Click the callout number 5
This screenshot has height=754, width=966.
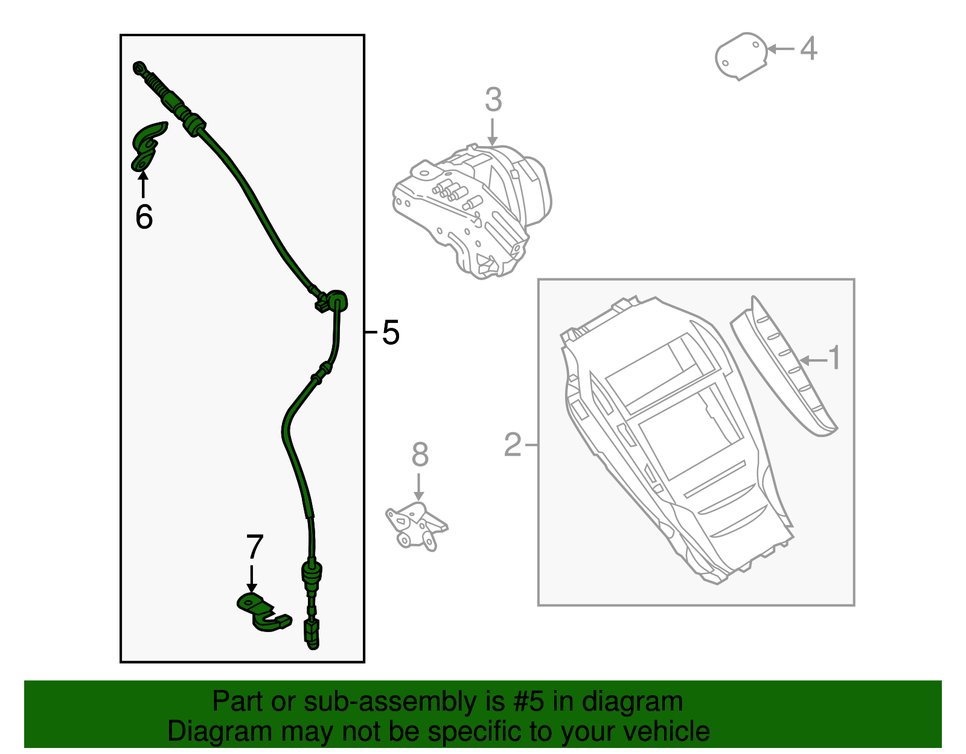(391, 333)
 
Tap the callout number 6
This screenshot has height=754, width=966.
(144, 217)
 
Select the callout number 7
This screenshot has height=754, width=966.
(254, 548)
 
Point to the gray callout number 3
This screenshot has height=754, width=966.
(493, 100)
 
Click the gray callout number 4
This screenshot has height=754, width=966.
(808, 48)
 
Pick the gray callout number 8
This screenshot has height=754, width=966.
(420, 455)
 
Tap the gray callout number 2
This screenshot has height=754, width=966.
(512, 445)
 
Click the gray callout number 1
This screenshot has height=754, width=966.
(834, 358)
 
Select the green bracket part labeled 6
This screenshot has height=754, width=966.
(146, 145)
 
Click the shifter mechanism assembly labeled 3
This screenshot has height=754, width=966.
(474, 208)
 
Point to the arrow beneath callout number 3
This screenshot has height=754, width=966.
(493, 132)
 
